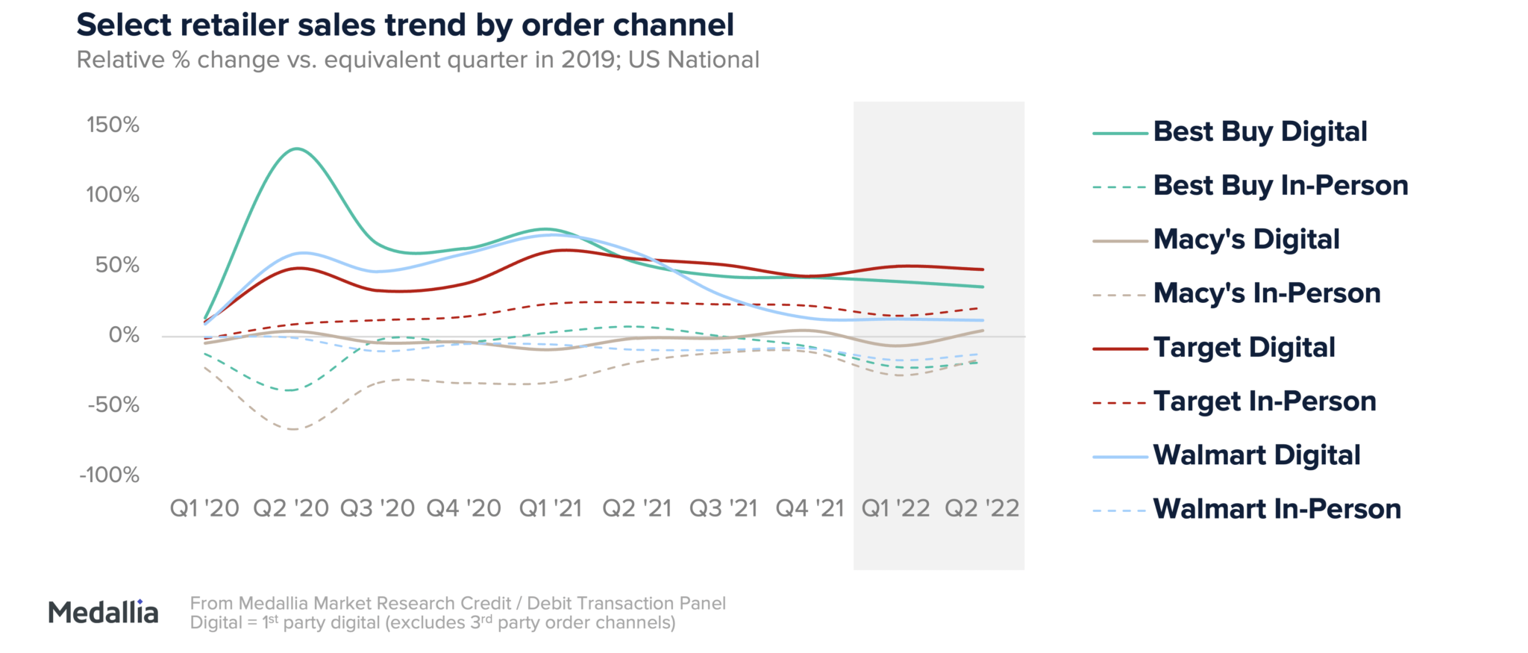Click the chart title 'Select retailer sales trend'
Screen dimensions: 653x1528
[405, 25]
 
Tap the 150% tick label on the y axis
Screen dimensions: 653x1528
[113, 125]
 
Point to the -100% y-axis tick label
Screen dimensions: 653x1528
[110, 475]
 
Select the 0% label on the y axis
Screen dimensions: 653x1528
[124, 335]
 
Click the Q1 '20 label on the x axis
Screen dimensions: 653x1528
[204, 509]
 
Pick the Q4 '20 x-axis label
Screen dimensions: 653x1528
[463, 509]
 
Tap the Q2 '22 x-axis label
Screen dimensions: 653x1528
[982, 509]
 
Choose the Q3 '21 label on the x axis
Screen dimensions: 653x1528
[723, 509]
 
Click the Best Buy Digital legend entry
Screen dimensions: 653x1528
[1259, 132]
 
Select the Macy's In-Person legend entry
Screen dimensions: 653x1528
[1266, 293]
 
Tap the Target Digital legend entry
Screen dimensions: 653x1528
[1244, 348]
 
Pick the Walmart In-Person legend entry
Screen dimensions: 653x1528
[1277, 510]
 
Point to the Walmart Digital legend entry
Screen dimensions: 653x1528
[1256, 455]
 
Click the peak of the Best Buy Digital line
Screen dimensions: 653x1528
[296, 149]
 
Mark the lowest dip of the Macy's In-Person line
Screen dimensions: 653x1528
[292, 429]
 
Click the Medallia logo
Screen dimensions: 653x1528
[103, 613]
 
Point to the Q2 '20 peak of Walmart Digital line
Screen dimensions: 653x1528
[302, 253]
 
